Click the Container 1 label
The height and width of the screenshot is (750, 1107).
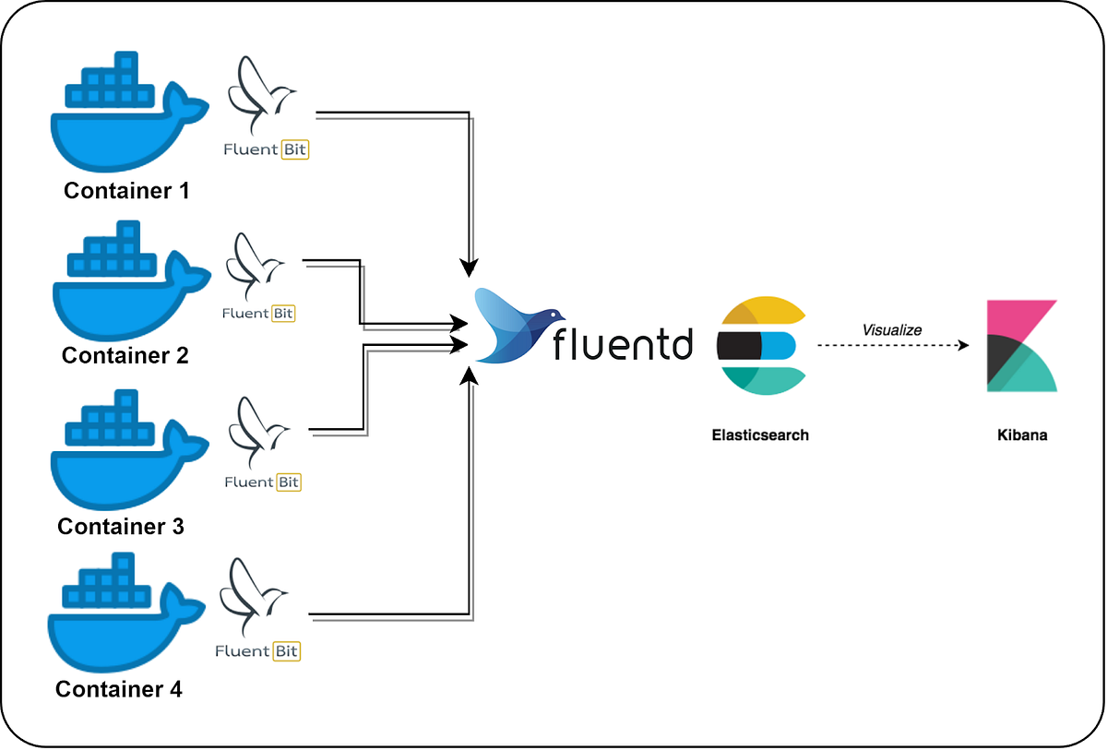point(126,191)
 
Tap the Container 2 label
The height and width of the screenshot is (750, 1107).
point(125,355)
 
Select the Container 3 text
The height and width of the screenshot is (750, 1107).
point(121,526)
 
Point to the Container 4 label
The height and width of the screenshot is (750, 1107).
point(119,688)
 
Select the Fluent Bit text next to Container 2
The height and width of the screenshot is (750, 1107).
point(258,314)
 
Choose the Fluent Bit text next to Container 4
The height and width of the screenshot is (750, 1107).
point(257,651)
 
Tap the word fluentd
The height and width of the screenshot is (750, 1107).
point(622,343)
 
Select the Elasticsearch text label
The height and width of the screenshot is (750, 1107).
point(760,435)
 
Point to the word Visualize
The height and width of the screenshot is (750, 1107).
point(891,329)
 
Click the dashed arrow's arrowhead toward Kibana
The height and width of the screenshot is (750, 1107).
point(963,346)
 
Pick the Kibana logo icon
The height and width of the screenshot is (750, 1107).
point(1021,346)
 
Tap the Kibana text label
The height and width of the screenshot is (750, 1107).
point(1021,435)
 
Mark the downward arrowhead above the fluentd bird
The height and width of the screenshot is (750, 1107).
point(470,267)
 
